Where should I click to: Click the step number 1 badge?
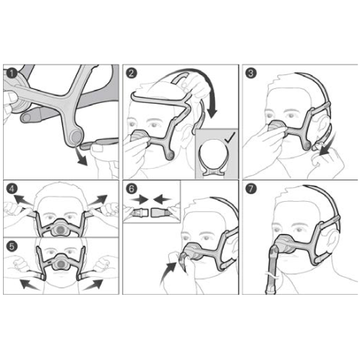(x=12, y=74)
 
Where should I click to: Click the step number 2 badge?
(x=131, y=74)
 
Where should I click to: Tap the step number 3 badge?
(x=251, y=74)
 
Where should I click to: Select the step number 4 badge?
(x=12, y=189)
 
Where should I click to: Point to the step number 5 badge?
(x=12, y=246)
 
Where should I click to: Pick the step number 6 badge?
(x=131, y=189)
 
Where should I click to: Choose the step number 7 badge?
(x=251, y=189)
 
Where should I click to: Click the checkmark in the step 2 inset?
(x=230, y=137)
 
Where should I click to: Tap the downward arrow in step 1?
(x=81, y=157)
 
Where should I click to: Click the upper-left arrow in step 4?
(x=22, y=200)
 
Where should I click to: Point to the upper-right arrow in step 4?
(x=98, y=200)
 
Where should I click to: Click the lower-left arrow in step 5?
(x=29, y=285)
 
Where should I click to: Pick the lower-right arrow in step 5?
(x=94, y=285)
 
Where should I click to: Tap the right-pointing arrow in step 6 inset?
(x=140, y=199)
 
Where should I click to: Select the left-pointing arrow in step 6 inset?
(x=163, y=199)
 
